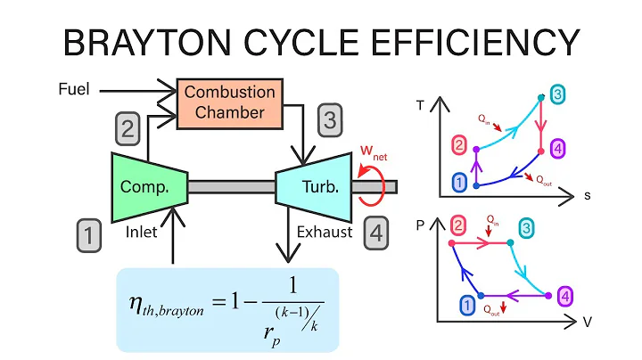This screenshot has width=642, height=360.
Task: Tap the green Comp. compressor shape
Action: click(x=148, y=186)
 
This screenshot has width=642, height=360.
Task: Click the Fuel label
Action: click(x=77, y=90)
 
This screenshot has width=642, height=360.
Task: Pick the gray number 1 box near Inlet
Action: click(x=87, y=235)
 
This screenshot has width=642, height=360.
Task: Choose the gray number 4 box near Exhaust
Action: click(x=377, y=233)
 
